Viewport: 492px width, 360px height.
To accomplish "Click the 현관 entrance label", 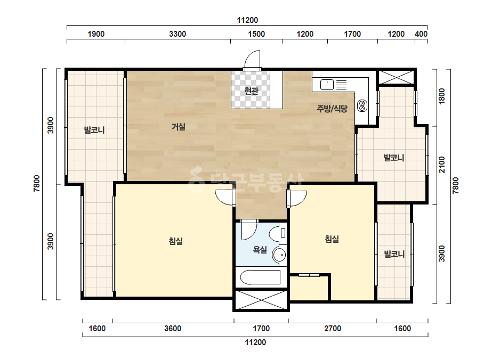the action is tap(251, 91).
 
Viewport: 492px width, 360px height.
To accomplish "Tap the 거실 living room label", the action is tap(178, 127).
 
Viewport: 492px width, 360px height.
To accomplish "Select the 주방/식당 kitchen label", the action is tap(332, 109).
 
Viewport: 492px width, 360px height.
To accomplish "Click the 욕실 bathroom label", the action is tap(260, 250).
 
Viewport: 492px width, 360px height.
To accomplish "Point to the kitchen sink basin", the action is tap(327, 85).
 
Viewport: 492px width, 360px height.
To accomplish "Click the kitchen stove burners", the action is tap(362, 105).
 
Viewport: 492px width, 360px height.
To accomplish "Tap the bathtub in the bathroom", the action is tap(260, 277).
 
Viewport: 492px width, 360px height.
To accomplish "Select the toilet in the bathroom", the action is tap(278, 234).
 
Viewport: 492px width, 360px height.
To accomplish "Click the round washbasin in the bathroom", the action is tap(279, 255).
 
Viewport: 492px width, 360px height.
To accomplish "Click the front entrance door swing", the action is tap(252, 61).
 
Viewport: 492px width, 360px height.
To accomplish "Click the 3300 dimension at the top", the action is tap(178, 34).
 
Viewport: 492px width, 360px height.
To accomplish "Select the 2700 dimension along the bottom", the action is tap(333, 329).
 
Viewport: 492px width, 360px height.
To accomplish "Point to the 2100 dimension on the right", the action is tap(442, 165).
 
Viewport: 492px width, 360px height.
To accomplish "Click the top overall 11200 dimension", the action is tap(247, 20).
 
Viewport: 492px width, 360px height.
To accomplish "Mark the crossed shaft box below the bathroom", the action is tap(261, 300).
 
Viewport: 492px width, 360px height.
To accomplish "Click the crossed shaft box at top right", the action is tap(396, 77).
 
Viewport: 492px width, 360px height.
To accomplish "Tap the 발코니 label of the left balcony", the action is tap(94, 130).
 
